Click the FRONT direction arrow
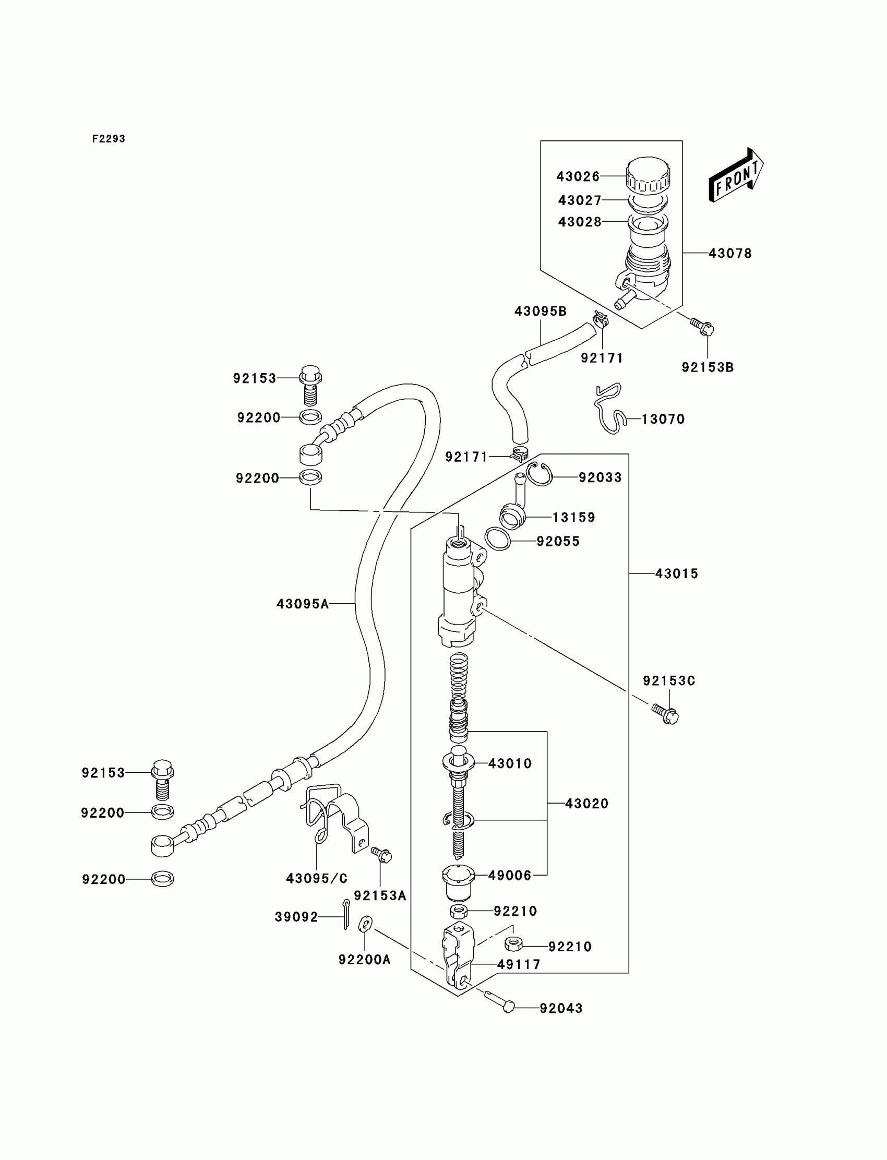[x=736, y=176]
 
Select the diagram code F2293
[x=109, y=139]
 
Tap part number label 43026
[x=578, y=176]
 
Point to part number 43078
[x=729, y=254]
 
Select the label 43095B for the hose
[x=541, y=312]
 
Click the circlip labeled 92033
[x=540, y=474]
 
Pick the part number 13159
[x=574, y=518]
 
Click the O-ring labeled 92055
[x=497, y=539]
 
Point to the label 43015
[x=676, y=573]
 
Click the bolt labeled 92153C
[x=665, y=715]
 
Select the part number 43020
[x=586, y=804]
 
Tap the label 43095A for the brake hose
[x=303, y=604]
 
